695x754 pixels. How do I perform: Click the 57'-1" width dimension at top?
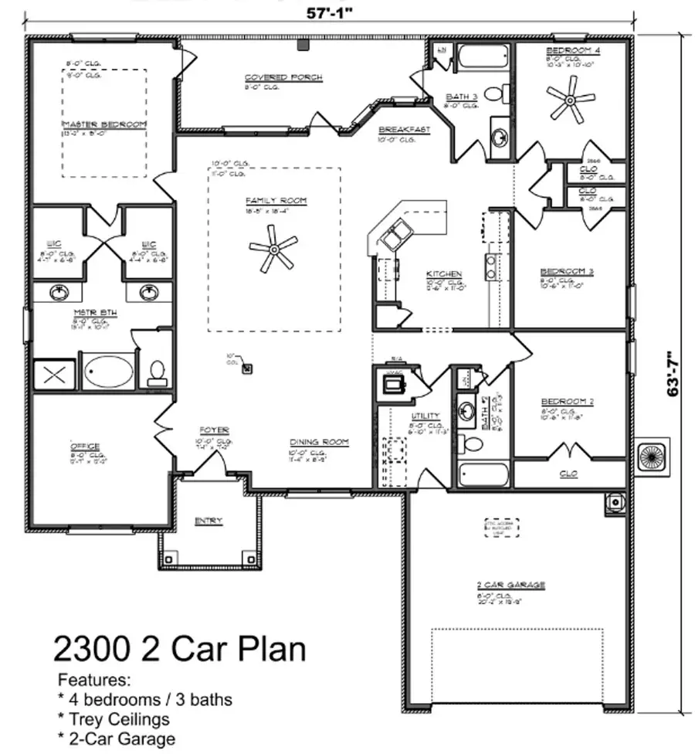pos(328,13)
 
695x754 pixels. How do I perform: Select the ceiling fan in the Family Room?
pos(273,249)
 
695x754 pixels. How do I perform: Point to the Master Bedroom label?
pos(104,124)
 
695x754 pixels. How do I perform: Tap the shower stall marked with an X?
pos(53,375)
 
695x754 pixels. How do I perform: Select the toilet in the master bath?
pos(158,372)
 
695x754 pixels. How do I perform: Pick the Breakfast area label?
pos(403,131)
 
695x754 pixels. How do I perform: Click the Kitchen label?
pos(444,274)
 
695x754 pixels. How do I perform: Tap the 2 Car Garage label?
pos(510,586)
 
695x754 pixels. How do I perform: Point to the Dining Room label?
pos(319,443)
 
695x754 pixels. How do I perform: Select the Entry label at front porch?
pos(208,521)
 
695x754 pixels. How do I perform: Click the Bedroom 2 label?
pos(567,402)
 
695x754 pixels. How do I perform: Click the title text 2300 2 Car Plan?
pos(179,649)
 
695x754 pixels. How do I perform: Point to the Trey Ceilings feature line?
pos(114,719)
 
